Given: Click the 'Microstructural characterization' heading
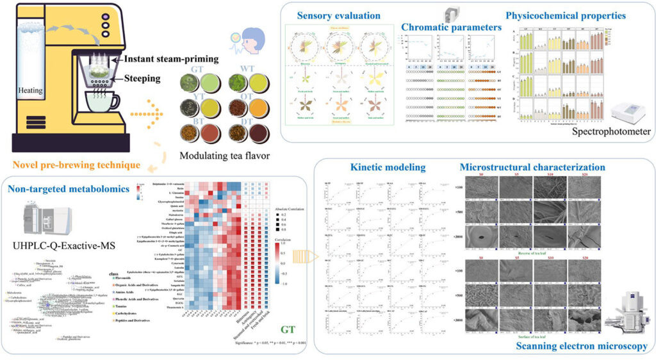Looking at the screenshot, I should tap(532, 167).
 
